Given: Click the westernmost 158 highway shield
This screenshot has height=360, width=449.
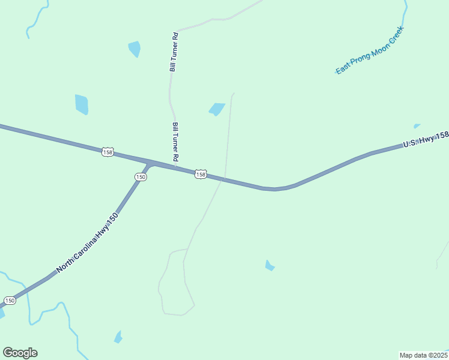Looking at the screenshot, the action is [107, 152].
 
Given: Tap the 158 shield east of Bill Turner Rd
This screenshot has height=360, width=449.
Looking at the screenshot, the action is [200, 174].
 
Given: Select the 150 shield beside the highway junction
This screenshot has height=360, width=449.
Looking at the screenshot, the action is [140, 177].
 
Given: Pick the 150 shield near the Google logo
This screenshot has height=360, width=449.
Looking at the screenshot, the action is [10, 300].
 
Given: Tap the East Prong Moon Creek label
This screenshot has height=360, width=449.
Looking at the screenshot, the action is [370, 50].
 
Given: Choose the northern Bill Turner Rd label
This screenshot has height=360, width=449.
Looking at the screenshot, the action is [175, 52].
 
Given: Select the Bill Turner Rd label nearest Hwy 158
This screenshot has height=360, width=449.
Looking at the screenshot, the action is [176, 142].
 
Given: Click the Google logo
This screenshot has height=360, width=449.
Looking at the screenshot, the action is [20, 353].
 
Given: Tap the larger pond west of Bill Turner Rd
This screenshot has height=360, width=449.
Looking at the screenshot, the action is [82, 104].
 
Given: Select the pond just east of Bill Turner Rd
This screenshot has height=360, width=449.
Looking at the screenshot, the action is [216, 109].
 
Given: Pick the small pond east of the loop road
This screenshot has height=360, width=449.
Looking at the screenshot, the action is [270, 265].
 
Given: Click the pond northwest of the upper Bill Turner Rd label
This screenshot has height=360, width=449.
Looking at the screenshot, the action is [134, 49].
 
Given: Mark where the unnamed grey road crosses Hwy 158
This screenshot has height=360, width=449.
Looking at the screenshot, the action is [223, 178].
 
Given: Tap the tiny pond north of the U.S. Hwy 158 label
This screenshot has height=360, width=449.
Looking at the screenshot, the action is [417, 126].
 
